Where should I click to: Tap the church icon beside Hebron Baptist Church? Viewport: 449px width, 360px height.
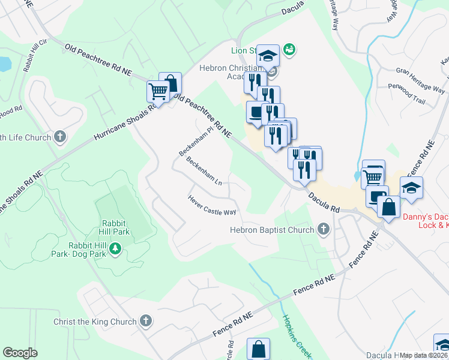[x=324, y=229]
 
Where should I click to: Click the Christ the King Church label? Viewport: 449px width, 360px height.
[x=95, y=322]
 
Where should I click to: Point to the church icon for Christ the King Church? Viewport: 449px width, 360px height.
[x=145, y=321]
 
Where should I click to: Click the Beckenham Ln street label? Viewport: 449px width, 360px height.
[x=204, y=172]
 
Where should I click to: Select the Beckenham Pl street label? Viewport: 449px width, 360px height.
[x=196, y=140]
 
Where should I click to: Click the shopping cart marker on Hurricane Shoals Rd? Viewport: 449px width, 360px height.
[x=157, y=92]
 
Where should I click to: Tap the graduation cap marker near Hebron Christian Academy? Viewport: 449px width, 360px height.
[x=268, y=56]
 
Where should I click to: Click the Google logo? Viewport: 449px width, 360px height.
[x=20, y=352]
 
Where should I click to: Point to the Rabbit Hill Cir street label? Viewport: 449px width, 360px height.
[x=35, y=56]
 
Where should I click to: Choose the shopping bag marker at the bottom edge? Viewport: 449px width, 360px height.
[x=259, y=349]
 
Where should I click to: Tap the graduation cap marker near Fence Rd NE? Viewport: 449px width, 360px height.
[x=411, y=188]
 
